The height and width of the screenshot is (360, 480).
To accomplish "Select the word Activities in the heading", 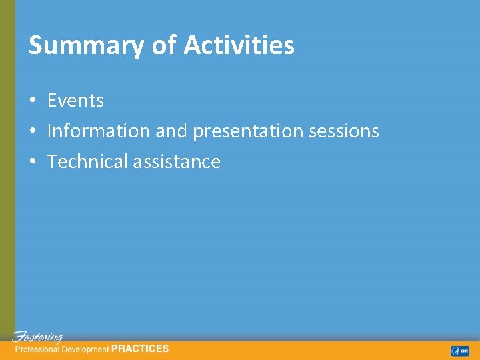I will (x=239, y=45).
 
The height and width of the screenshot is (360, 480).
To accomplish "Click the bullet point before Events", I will (x=32, y=101).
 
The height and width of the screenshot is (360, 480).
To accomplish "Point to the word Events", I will (x=75, y=101).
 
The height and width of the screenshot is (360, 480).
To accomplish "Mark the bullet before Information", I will (x=32, y=131).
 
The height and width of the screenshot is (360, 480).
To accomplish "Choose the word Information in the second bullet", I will (x=99, y=131).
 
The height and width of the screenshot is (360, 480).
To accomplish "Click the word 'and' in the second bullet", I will (x=171, y=131).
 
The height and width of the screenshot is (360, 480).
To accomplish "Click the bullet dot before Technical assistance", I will (x=32, y=162).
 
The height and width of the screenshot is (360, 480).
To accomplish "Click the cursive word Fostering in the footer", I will (x=38, y=337).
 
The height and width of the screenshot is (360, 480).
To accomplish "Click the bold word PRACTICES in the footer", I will (x=140, y=348).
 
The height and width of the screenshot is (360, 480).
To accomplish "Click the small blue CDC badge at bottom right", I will (x=459, y=351).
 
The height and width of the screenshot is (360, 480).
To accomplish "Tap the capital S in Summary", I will (x=35, y=45).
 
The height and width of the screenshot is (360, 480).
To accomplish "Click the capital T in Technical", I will (x=52, y=162).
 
